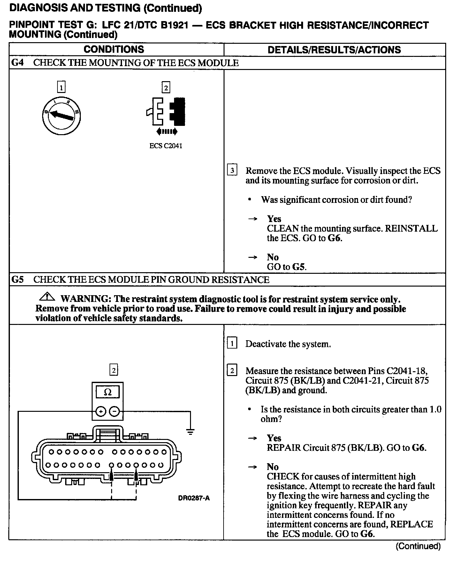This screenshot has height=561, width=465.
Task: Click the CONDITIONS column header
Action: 114,50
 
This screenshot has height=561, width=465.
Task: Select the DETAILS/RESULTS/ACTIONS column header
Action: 334,50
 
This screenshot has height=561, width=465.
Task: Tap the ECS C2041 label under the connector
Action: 166,146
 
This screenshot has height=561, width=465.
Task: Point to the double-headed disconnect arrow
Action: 167,131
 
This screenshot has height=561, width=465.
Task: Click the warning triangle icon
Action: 47,297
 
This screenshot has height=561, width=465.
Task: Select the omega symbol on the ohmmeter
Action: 108,392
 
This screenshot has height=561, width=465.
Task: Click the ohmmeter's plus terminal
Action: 101,411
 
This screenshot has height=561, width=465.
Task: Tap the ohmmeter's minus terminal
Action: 114,411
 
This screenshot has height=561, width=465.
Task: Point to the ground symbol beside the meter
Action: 190,432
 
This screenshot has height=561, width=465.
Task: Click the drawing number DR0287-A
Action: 194,498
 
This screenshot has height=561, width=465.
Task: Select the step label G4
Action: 18,63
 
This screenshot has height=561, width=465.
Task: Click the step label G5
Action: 18,280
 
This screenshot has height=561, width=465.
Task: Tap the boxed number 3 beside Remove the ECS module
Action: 232,171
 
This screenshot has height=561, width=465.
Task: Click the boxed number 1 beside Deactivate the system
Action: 232,344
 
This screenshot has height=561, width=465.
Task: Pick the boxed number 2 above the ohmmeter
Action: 114,370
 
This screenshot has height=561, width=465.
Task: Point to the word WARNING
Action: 86,299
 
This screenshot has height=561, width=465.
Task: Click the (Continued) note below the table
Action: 418,546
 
